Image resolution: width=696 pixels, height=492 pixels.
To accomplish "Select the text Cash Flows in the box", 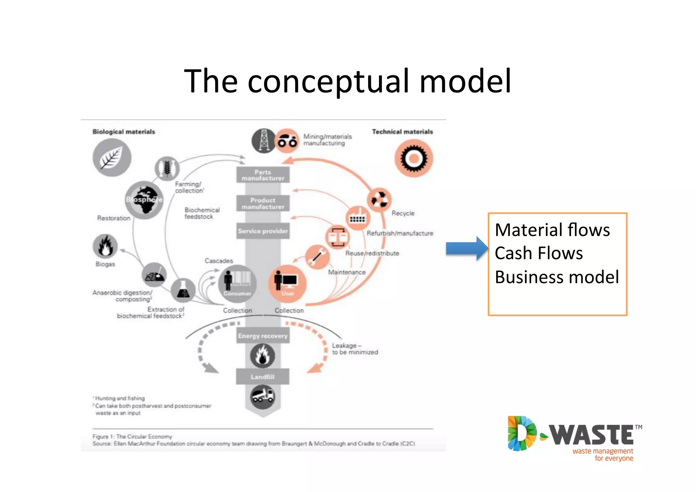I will tap(539, 253).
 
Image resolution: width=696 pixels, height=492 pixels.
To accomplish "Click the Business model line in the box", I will tap(557, 277).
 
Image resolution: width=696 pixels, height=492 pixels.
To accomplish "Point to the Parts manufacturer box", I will tap(263, 175).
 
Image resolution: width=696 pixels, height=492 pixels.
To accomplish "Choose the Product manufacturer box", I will tap(263, 203).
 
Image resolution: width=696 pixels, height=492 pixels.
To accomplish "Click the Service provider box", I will tap(263, 231).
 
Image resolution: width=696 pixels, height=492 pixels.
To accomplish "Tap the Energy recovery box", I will tap(263, 336).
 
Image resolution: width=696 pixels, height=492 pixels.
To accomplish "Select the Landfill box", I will tap(262, 376).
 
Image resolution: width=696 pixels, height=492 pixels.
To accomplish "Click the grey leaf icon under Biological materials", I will tap(112, 158).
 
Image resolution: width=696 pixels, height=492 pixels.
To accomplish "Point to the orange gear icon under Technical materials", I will tap(413, 158).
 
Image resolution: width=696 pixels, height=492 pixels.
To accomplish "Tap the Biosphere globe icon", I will tap(144, 200).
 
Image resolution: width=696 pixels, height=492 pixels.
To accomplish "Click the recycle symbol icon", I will tap(379, 200).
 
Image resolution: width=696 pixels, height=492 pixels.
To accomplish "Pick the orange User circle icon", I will tap(287, 284).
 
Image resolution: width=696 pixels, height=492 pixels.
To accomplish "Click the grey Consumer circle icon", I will tap(237, 284).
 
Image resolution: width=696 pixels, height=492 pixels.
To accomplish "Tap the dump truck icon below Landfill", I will tap(262, 397).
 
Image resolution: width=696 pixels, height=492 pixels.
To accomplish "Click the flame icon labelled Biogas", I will tap(105, 246).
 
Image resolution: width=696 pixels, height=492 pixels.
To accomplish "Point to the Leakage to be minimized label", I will tap(354, 349).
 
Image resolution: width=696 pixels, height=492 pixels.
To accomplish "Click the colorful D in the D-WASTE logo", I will tap(521, 434).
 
